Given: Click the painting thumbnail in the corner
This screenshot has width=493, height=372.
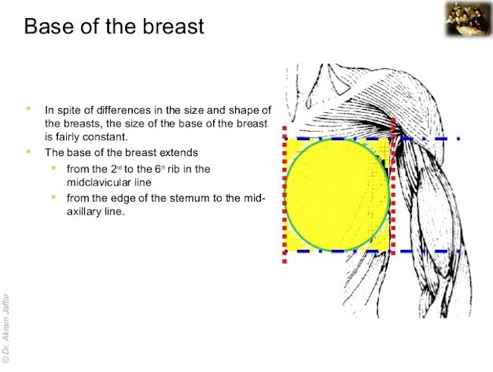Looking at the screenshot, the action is [x=468, y=18].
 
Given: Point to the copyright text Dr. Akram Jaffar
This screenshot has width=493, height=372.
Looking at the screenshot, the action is [x=5, y=329].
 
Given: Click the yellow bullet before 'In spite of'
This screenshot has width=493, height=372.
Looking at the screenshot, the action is [x=29, y=108].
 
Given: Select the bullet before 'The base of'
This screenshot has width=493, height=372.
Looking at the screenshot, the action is [x=29, y=151].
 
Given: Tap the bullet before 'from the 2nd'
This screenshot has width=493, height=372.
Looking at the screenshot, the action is [x=53, y=168].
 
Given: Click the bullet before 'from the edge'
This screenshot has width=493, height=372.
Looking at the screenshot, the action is [x=53, y=197].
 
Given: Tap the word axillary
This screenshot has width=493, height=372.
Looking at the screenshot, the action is [x=81, y=212].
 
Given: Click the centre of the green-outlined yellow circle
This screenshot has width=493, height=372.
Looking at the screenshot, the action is [x=338, y=195].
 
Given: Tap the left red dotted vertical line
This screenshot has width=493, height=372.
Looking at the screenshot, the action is [x=284, y=194].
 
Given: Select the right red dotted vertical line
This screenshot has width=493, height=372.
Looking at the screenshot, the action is [x=393, y=186].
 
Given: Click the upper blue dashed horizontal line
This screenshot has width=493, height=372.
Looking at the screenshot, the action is [x=372, y=138].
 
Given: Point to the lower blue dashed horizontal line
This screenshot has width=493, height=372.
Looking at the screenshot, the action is [x=372, y=251].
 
